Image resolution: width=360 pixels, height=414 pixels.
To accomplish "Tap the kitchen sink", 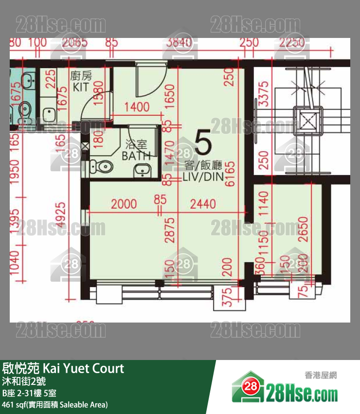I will [49, 114].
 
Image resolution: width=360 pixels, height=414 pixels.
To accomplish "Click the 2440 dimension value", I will [203, 205].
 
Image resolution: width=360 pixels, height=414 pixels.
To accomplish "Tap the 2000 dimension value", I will [124, 205].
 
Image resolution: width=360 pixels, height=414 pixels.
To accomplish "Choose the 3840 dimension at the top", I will [179, 43].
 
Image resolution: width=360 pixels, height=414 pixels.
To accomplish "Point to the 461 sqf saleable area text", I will [54, 404].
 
